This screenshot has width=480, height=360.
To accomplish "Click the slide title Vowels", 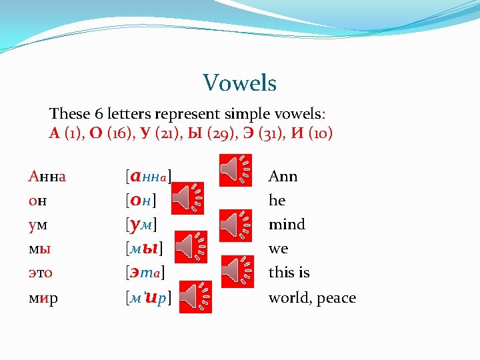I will (x=239, y=83).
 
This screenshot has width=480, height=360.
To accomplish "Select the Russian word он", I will (x=37, y=201).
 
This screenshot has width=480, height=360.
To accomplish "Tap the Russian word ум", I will (x=37, y=225).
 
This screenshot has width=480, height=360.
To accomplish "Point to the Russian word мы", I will (x=39, y=249).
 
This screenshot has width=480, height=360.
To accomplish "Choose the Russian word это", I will (x=41, y=273).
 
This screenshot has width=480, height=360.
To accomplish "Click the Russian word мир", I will (x=43, y=298).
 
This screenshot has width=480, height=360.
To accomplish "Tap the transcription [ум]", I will (x=141, y=225).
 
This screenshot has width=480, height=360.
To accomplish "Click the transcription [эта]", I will (x=145, y=273).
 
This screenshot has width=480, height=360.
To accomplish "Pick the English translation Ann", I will (x=283, y=177).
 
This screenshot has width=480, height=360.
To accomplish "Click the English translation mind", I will (x=287, y=225).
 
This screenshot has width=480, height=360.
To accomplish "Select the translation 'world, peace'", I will (x=312, y=298).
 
